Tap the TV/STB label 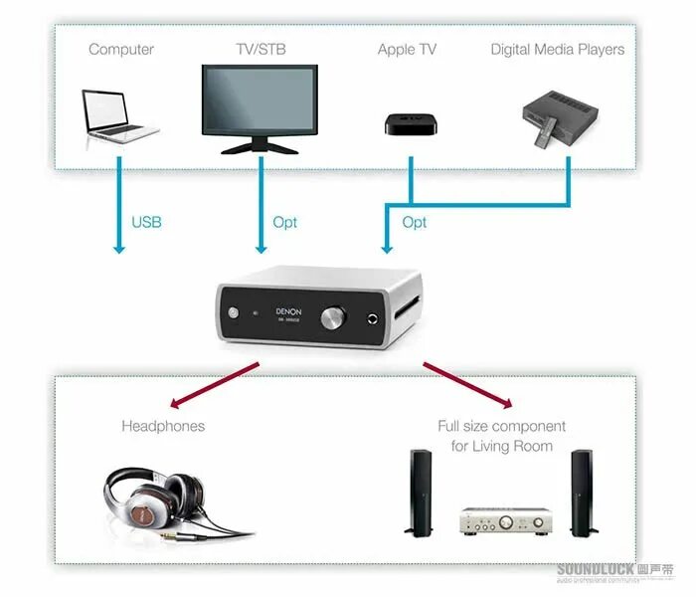(x=260, y=49)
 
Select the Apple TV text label (x=407, y=49)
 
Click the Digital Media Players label (x=557, y=49)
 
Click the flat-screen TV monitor (x=261, y=104)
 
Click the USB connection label (x=146, y=222)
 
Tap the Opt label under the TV (x=284, y=222)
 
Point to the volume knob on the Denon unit (x=334, y=317)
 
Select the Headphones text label (x=163, y=426)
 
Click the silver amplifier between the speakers (x=504, y=519)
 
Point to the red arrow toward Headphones (x=214, y=385)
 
